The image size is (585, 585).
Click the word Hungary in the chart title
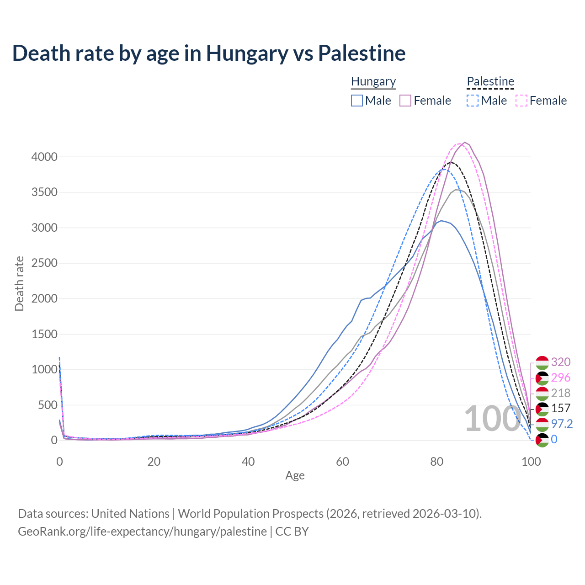click(x=247, y=53)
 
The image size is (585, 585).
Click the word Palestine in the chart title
click(x=362, y=53)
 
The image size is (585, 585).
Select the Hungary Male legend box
click(x=357, y=101)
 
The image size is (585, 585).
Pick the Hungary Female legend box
click(x=406, y=101)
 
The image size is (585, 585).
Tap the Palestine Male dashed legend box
click(x=473, y=101)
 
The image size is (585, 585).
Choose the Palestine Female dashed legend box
click(x=521, y=101)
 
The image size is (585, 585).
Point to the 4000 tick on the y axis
click(x=44, y=157)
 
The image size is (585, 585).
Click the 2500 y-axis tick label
click(x=44, y=263)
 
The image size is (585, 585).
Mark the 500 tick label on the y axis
click(x=48, y=405)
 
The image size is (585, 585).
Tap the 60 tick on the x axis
click(x=342, y=462)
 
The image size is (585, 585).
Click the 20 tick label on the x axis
click(x=154, y=462)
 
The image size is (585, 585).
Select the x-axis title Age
click(x=295, y=476)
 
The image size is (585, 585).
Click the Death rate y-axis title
click(x=19, y=283)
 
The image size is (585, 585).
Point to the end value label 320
click(x=561, y=362)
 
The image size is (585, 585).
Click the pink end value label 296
click(x=561, y=378)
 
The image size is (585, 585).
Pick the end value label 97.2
click(x=562, y=424)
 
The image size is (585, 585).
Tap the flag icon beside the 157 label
click(x=542, y=409)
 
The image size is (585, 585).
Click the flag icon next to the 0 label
click(x=542, y=440)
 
